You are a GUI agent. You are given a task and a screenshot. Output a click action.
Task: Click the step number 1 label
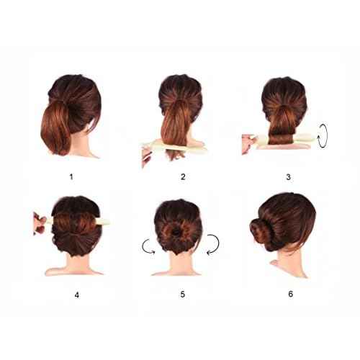coord(71,177)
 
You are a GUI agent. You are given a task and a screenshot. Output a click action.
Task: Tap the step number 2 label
coord(183,177)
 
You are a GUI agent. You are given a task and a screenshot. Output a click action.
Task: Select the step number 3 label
coord(289,177)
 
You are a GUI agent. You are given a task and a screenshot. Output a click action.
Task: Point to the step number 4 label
coord(77,295)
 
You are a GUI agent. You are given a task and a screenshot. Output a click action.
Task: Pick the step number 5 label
coord(183,294)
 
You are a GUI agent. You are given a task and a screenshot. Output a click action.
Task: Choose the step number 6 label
coord(291,294)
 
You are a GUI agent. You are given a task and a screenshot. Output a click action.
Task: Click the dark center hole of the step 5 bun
coord(176,232)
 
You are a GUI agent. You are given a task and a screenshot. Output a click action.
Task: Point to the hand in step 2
coord(147,157)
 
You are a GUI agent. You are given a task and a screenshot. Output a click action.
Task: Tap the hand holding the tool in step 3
coord(248,143)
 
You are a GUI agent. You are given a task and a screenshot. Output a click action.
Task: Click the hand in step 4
coord(40,223)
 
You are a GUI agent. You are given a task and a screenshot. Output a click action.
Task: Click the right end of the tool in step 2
coord(207,150)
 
